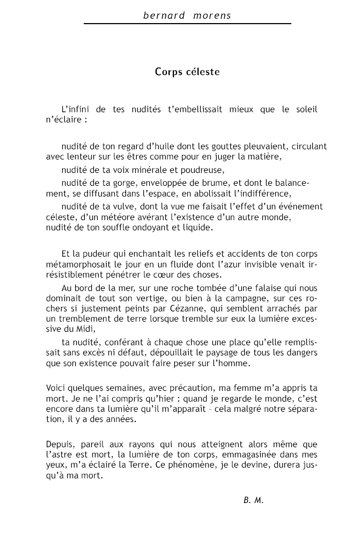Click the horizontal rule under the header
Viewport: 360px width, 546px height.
[x=187, y=24]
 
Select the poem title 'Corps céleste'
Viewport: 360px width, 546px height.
[x=187, y=71]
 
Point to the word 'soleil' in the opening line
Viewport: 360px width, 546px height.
[x=306, y=110]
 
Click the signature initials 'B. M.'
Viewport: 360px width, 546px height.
[x=253, y=500]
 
